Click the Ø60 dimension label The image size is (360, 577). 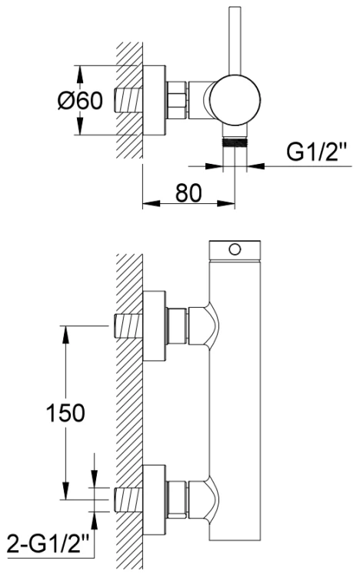pos(80,100)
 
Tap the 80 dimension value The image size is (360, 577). pos(188,192)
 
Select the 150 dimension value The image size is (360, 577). pos(65,412)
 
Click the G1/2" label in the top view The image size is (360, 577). pos(317,152)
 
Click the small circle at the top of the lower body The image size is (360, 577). pos(235,249)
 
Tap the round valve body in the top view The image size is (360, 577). pos(235,100)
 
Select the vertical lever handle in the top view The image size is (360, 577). pos(235,41)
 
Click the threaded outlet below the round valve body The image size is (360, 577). pos(235,142)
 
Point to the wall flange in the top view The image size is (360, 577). pos(155,100)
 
